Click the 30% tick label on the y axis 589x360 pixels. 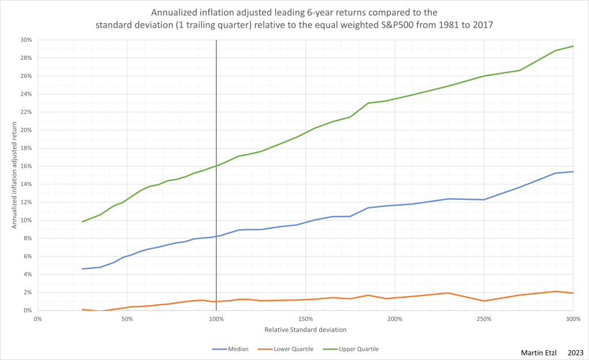point(26,40)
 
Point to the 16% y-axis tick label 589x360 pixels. point(26,166)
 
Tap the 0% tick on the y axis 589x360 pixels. point(28,310)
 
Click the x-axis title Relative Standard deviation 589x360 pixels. point(305,329)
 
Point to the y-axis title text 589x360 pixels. point(14,175)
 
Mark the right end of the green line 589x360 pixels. point(573,46)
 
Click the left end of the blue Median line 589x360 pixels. point(83,269)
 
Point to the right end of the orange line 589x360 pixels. point(573,293)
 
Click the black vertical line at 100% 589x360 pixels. point(216,115)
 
